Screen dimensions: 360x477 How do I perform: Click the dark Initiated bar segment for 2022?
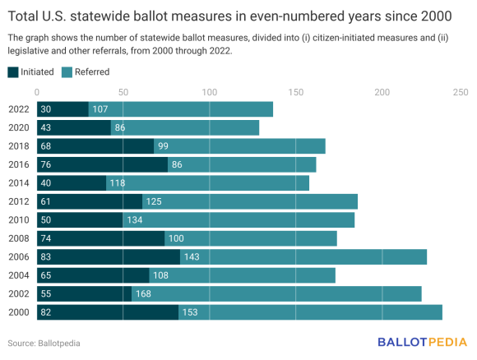[x=63, y=109]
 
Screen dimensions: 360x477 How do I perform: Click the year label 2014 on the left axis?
[x=19, y=182]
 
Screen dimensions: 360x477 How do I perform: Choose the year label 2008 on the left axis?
[x=19, y=238]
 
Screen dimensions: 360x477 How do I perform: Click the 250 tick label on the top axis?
[x=461, y=92]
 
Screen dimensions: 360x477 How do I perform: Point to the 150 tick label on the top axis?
[x=295, y=92]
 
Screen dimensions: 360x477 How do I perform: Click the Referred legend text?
[x=91, y=72]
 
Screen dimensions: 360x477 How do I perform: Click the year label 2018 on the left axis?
[x=19, y=146]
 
